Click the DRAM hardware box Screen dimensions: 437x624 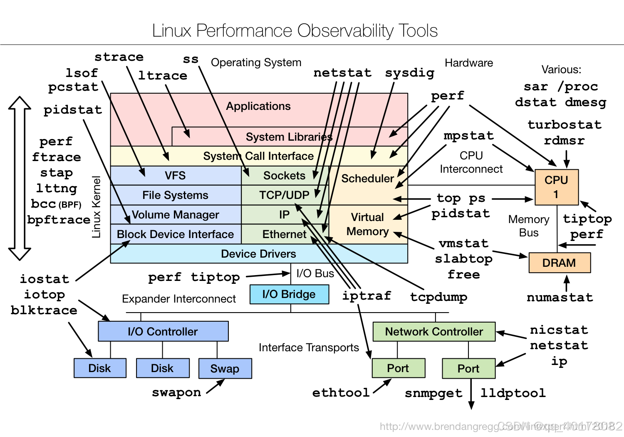[x=559, y=263]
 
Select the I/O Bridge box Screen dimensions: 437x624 [x=289, y=294]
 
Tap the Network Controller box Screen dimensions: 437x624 [x=434, y=332]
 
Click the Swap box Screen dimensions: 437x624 [x=225, y=368]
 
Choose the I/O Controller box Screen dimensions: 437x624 [x=163, y=332]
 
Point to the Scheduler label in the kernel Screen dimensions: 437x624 [x=367, y=179]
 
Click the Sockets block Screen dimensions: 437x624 [x=284, y=176]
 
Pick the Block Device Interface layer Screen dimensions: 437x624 [x=175, y=234]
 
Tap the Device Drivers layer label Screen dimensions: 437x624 [x=258, y=254]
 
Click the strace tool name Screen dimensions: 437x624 [x=119, y=57]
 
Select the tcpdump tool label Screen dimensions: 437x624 [x=438, y=297]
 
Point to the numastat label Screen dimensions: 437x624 [x=560, y=298]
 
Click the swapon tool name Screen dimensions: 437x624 [x=176, y=392]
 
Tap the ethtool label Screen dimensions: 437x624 [x=341, y=392]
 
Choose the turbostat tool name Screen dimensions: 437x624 [x=564, y=125]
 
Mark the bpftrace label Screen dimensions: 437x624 [x=59, y=220]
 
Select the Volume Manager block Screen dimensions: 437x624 [x=175, y=215]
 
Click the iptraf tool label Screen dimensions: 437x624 [x=366, y=296]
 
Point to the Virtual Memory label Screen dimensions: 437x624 [x=367, y=224]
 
